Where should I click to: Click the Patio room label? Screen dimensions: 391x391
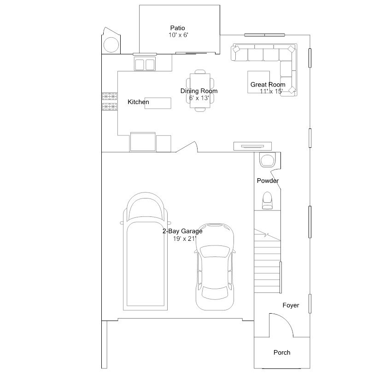178,28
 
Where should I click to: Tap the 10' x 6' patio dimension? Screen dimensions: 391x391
178,35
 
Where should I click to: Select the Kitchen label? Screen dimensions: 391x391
138,102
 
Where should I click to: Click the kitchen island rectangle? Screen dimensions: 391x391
158,103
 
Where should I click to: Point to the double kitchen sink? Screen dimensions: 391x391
145,64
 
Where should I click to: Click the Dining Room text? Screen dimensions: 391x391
199,91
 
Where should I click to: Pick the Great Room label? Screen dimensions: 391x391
268,85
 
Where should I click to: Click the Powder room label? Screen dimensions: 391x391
268,181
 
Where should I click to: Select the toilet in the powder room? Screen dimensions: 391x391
267,200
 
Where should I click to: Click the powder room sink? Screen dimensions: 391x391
267,160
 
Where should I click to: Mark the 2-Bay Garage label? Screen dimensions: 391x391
182,231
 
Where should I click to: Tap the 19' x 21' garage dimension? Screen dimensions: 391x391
185,239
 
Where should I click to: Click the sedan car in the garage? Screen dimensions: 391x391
215,267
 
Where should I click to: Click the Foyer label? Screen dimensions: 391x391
291,305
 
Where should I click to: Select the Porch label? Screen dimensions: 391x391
282,352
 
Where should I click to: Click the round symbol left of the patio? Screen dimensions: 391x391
111,45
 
